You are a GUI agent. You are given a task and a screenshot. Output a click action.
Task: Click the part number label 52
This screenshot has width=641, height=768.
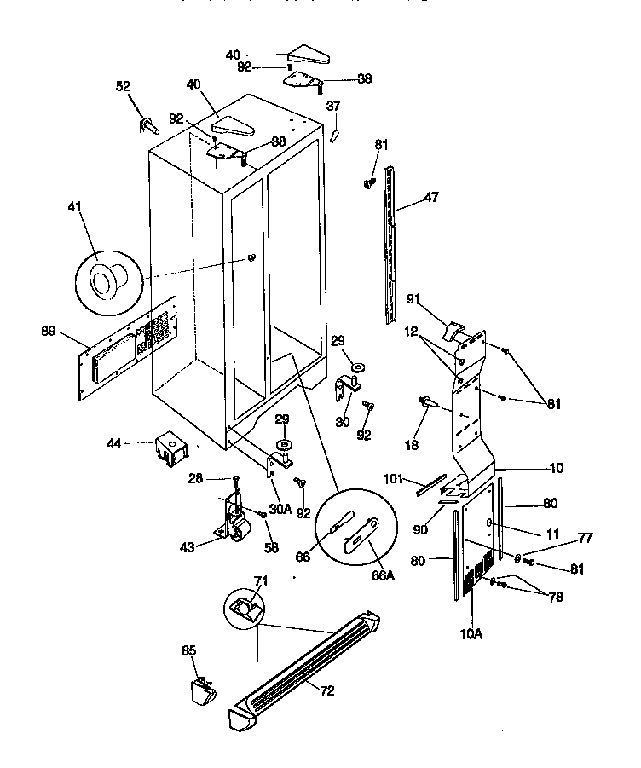123,85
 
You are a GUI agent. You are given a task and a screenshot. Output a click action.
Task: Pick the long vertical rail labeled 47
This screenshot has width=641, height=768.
391,243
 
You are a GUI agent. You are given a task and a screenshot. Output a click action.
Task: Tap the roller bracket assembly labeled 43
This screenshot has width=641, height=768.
235,517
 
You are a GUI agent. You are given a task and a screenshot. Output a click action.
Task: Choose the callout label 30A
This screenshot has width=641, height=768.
281,509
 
